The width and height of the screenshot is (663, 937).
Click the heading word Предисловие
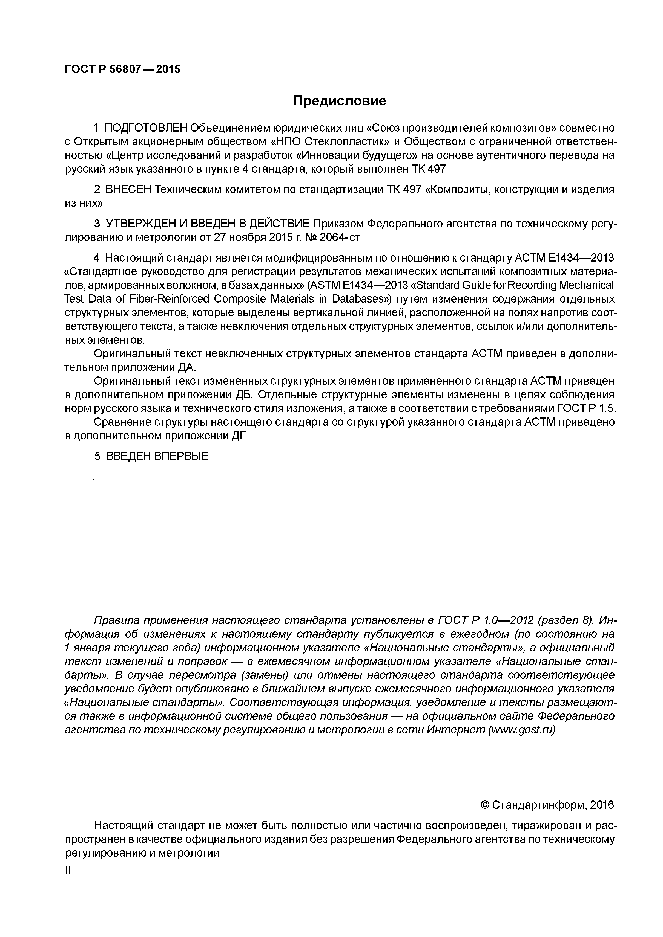point(340,101)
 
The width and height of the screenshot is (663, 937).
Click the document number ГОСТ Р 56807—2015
point(122,70)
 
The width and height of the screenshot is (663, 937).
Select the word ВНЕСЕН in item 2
point(128,190)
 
